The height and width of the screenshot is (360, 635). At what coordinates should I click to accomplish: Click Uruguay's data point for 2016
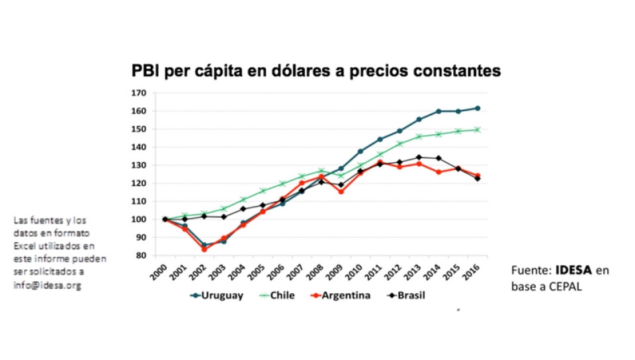478,108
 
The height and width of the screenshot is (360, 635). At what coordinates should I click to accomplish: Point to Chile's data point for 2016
478,130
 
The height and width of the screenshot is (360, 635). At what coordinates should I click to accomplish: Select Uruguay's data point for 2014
439,111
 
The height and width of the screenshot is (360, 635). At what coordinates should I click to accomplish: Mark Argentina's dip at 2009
341,192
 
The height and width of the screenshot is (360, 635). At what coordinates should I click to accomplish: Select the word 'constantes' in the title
457,70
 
